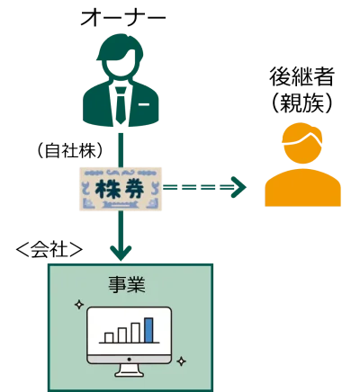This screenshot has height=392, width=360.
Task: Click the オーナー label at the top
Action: coord(123,18)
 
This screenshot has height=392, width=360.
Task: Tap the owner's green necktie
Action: coord(121,105)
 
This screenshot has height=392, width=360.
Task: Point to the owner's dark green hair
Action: coord(120,49)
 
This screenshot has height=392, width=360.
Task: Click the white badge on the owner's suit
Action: coord(144,104)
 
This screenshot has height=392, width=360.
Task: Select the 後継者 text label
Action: coord(301,76)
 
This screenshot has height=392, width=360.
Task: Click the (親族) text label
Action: coord(301,102)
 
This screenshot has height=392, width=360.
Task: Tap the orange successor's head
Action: coord(302,145)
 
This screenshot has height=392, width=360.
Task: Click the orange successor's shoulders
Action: coord(302,188)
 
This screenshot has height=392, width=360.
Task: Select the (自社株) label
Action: coord(70,150)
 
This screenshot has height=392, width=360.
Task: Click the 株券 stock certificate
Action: coord(121,189)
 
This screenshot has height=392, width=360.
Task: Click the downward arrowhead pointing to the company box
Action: coord(121,254)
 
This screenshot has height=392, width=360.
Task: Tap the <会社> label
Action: coord(49,249)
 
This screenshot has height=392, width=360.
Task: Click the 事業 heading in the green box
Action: coord(127,284)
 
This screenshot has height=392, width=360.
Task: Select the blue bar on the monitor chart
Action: coord(148,330)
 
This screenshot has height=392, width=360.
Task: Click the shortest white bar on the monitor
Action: coord(109,337)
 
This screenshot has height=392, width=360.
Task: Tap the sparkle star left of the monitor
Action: coord(79,305)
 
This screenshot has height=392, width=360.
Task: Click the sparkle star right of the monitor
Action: coord(181,361)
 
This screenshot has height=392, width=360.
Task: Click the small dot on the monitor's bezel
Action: coord(130,359)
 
